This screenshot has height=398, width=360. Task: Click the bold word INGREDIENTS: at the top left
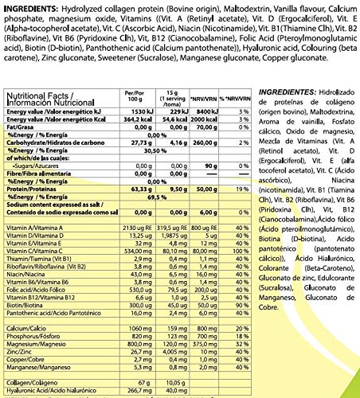point(31,7)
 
